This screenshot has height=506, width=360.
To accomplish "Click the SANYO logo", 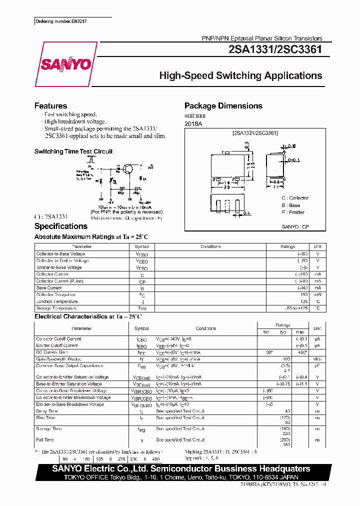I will pos(65,64).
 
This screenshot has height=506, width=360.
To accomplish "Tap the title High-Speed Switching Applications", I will pos(240,76).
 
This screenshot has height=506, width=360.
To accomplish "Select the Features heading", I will pos(50,106).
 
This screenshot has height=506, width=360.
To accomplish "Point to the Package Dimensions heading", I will pos(223,106).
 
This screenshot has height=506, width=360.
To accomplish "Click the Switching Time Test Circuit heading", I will pos(73,151).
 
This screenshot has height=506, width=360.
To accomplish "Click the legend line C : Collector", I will pos(295,198).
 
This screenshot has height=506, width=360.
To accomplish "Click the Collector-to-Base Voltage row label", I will pos(60,254).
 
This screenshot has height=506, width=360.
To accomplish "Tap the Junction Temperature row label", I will pos(57,301).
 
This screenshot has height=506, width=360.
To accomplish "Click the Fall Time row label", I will pos(45,440).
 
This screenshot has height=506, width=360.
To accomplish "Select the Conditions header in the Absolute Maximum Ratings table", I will pos(210,246).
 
